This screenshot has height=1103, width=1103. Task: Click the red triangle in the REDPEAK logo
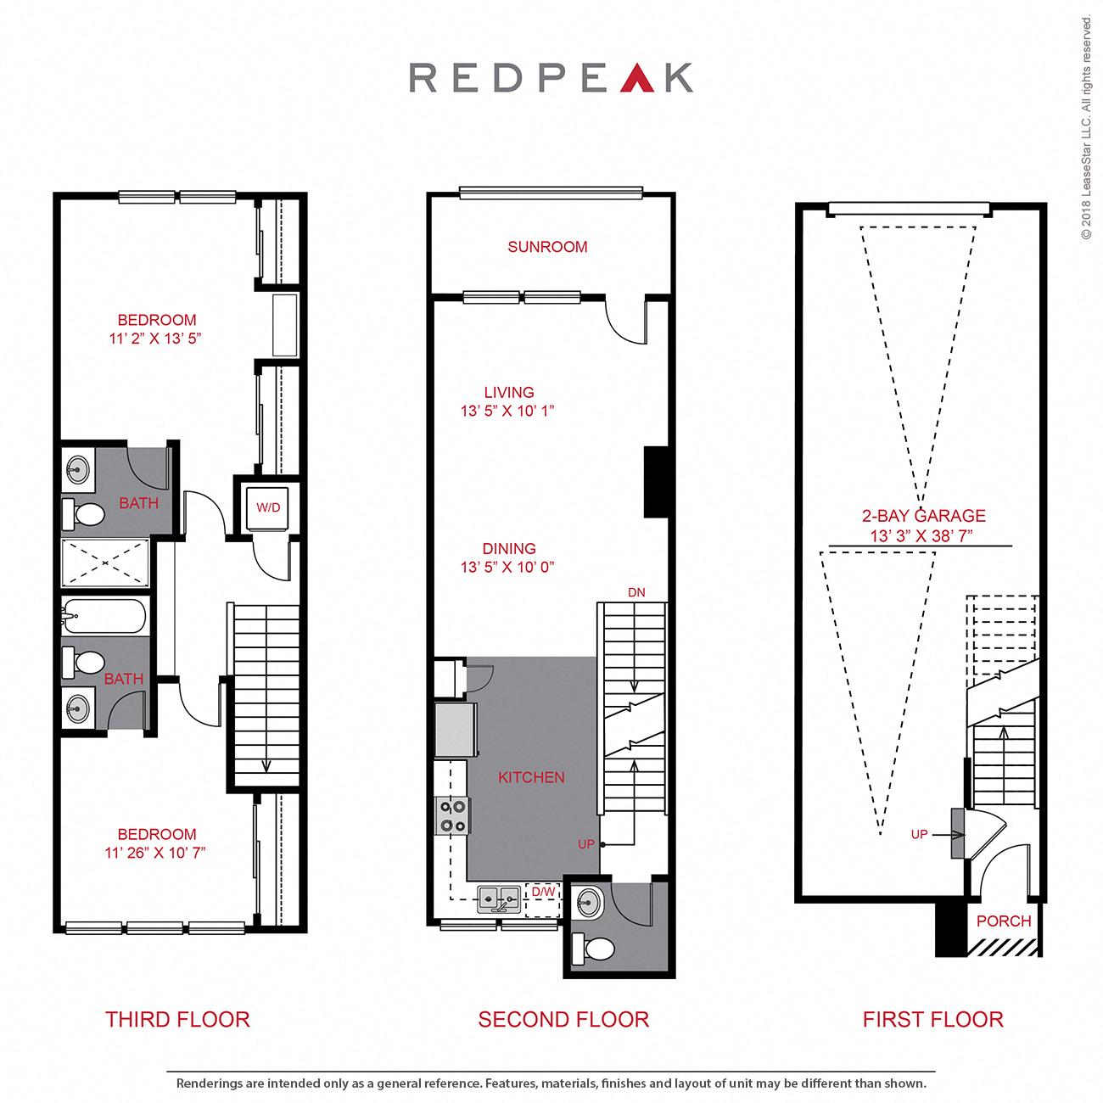637,79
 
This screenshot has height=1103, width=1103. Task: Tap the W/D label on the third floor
268,507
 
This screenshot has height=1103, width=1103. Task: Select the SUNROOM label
547,247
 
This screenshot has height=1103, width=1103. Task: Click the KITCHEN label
531,777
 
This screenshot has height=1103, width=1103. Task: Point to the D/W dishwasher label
543,892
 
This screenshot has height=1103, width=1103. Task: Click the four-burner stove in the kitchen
452,815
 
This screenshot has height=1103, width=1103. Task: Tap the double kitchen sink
499,899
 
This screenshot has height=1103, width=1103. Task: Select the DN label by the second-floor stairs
636,592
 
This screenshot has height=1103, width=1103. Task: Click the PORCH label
1004,921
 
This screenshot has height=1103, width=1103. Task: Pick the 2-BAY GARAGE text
923,516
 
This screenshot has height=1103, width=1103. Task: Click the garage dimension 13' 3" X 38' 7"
921,536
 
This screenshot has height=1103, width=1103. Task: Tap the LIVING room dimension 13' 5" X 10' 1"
507,411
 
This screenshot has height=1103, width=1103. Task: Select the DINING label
509,549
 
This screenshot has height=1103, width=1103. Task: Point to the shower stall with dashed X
104,563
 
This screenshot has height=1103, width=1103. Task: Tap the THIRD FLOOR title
177,1019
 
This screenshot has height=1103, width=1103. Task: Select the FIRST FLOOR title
932,1019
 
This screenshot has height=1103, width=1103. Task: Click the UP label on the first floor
919,834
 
